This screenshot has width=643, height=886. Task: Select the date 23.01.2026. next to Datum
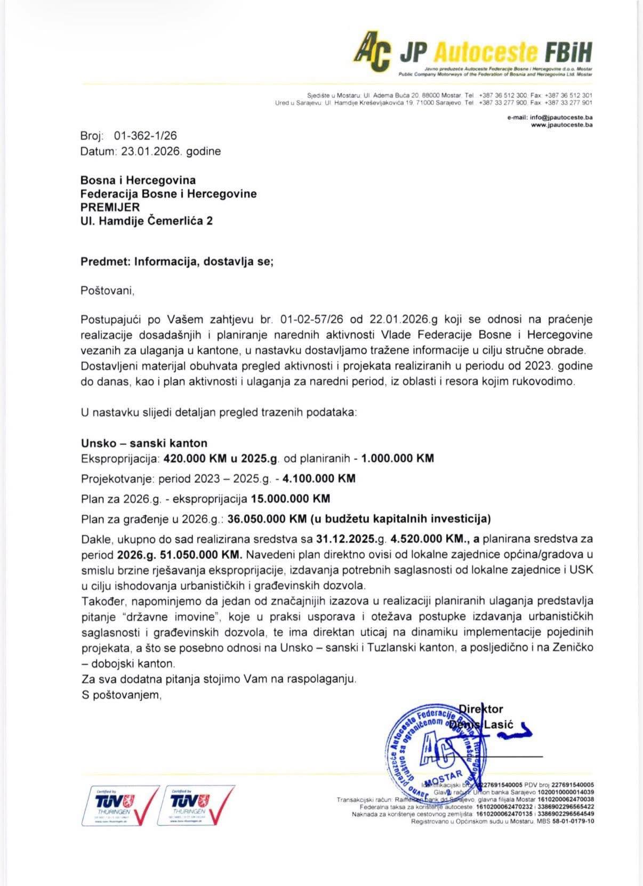click(x=152, y=151)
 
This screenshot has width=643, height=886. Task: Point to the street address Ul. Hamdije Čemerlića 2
click(x=147, y=220)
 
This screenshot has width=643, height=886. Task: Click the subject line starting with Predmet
click(x=176, y=262)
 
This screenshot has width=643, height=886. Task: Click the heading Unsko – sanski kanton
click(x=144, y=443)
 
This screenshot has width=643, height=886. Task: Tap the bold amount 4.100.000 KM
click(x=319, y=478)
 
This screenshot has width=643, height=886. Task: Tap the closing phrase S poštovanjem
click(x=121, y=695)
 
